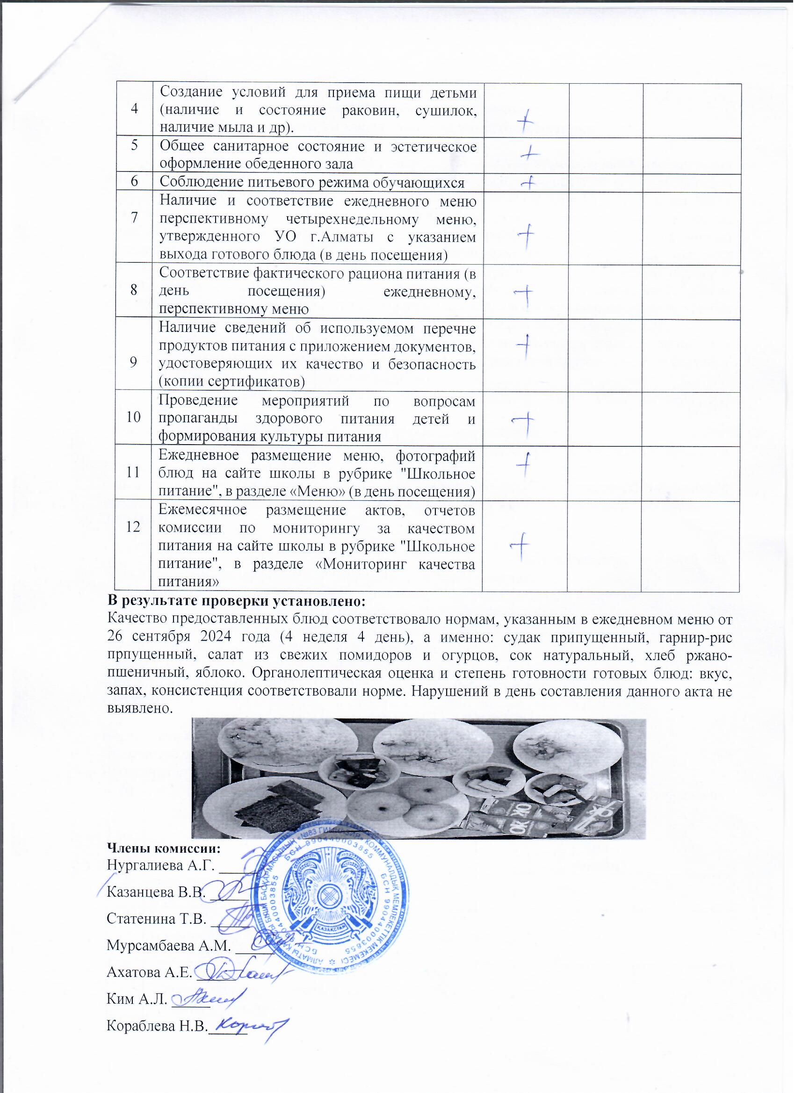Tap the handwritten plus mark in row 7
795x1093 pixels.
pyautogui.click(x=527, y=235)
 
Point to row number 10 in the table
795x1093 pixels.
pyautogui.click(x=133, y=417)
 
